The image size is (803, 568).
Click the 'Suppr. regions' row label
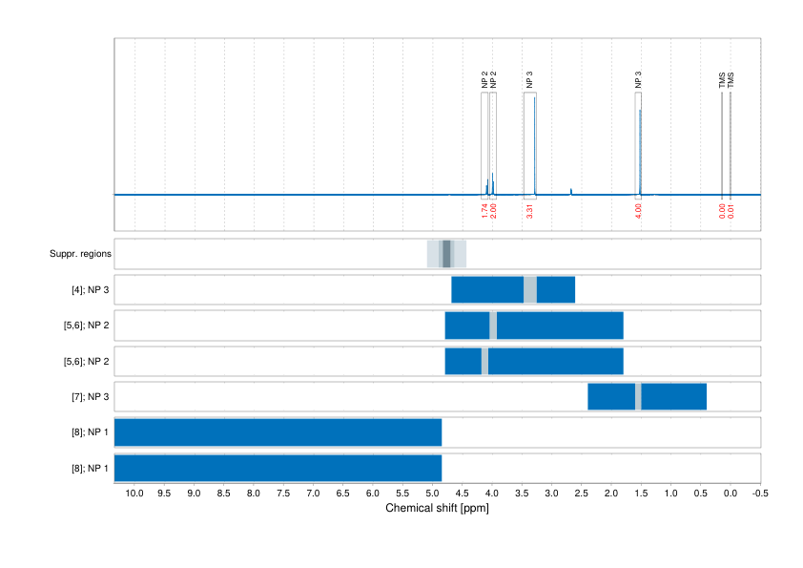(80, 254)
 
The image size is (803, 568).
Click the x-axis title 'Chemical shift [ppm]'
(437, 508)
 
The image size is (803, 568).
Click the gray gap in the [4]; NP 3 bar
(530, 289)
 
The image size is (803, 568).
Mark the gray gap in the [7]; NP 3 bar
(638, 396)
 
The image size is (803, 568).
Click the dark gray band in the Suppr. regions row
(446, 254)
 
